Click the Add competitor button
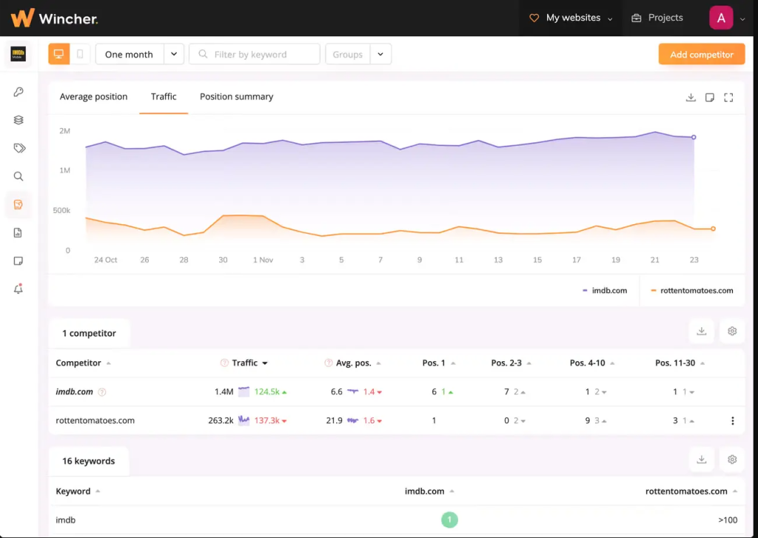pos(701,54)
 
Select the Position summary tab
pos(236,97)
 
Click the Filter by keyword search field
pos(255,54)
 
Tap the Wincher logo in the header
pos(54,18)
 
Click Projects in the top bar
pos(657,18)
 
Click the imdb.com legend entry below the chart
pos(605,291)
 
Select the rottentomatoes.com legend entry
pos(692,291)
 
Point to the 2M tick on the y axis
pos(64,131)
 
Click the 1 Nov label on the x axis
pos(263,260)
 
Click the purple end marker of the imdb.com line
pos(694,137)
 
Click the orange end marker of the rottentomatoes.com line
pos(713,229)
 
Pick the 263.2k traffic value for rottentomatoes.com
pos(221,420)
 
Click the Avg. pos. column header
pos(352,363)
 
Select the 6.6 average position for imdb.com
pos(336,392)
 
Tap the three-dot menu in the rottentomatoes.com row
pos(733,420)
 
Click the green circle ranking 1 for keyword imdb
pos(449,520)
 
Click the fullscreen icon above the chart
pos(728,97)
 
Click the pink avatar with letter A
pos(721,18)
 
